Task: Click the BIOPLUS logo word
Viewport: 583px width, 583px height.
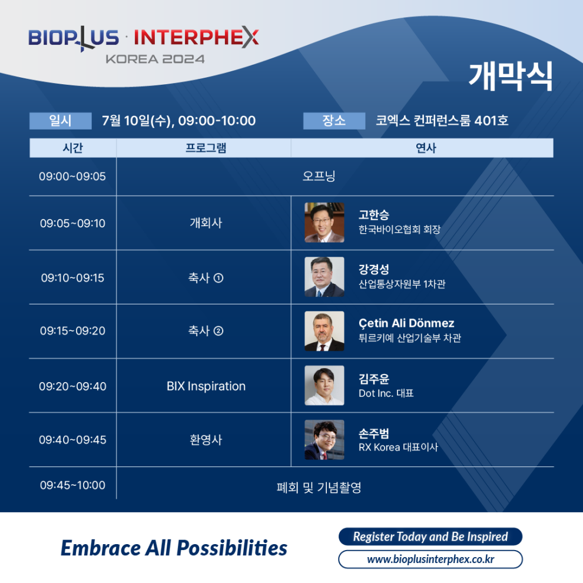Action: [x=74, y=38]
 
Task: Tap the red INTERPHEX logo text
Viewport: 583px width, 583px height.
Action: [x=196, y=37]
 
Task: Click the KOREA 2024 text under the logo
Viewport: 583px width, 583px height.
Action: [x=155, y=59]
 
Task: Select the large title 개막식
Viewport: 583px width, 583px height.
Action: [x=511, y=77]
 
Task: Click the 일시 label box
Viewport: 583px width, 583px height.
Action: [x=61, y=121]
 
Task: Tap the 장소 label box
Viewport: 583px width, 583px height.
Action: [x=334, y=121]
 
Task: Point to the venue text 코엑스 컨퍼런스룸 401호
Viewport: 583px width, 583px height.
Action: [x=442, y=121]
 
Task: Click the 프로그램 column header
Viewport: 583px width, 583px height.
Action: [x=206, y=148]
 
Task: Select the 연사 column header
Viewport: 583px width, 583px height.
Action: [x=426, y=148]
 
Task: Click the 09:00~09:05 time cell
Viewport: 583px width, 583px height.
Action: [x=72, y=176]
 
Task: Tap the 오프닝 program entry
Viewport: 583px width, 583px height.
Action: [x=319, y=176]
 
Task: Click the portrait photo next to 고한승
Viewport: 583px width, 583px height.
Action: [x=324, y=223]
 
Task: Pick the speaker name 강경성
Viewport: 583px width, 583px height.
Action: [x=374, y=269]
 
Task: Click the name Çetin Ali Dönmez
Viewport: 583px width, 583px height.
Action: [x=406, y=323]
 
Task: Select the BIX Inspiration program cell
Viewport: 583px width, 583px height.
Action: [x=206, y=386]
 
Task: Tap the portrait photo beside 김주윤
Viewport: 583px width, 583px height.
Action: [x=324, y=385]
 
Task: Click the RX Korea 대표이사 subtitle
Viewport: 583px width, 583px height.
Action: [x=398, y=447]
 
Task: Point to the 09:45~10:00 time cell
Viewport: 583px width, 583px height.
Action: [x=72, y=485]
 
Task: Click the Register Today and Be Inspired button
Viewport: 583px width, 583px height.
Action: [x=430, y=536]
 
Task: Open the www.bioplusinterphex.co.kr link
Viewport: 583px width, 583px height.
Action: [x=430, y=559]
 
